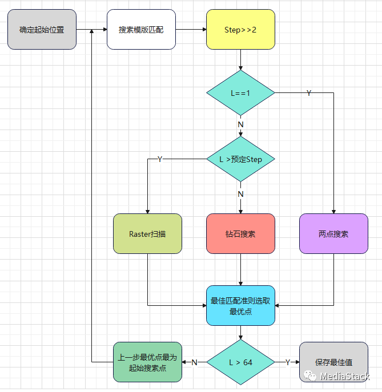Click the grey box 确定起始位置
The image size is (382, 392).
(x=42, y=29)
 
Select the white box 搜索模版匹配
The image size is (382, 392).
(x=141, y=29)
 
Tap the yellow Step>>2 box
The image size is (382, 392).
(x=240, y=29)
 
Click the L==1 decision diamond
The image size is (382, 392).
(x=240, y=93)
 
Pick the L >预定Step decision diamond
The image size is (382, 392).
(x=240, y=159)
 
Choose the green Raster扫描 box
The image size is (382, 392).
(x=147, y=233)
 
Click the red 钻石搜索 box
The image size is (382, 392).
(x=240, y=233)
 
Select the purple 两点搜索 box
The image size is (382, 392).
(x=333, y=233)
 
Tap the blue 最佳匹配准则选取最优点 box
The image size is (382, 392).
(x=240, y=306)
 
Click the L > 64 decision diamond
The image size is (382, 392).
(x=240, y=362)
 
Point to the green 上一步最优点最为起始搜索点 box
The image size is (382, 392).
(x=147, y=362)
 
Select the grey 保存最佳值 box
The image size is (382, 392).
(x=333, y=362)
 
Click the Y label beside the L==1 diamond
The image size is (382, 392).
(x=309, y=93)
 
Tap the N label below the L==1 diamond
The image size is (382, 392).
(x=240, y=124)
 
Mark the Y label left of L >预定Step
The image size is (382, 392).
(x=160, y=159)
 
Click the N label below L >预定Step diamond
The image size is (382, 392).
(x=240, y=193)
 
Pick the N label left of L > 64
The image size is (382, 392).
(x=194, y=362)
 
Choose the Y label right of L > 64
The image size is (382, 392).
(x=287, y=362)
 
